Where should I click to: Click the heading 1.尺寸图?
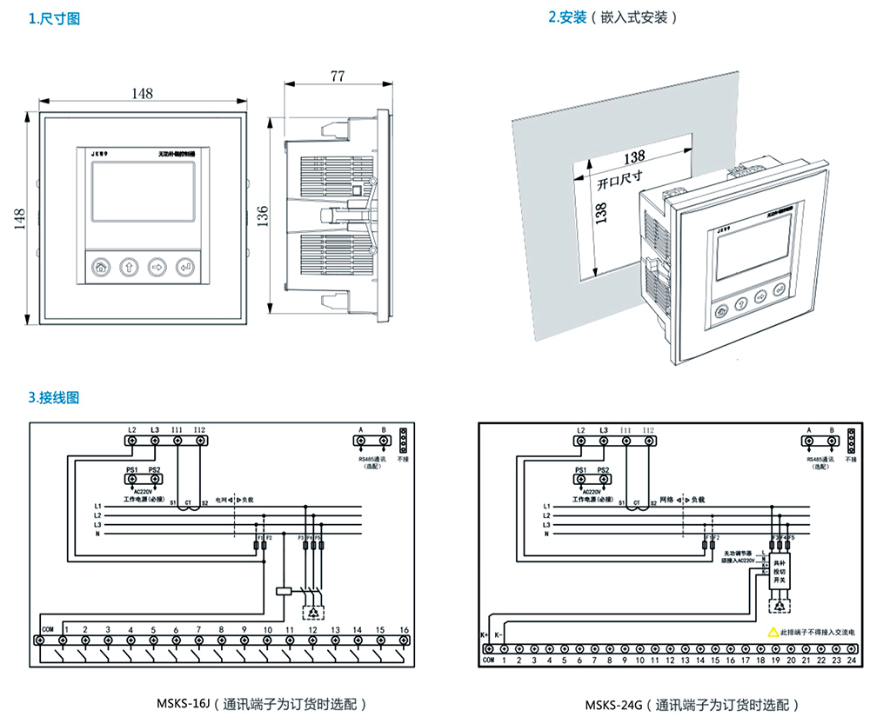coord(54,18)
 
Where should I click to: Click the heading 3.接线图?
coord(54,397)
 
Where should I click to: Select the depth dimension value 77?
coord(338,76)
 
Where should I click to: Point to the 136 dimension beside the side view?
coord(262,214)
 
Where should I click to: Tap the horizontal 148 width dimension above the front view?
coord(138,92)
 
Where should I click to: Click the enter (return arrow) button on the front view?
coord(186,267)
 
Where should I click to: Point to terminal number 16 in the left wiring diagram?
coord(403,629)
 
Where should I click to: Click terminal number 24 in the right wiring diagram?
coord(851,661)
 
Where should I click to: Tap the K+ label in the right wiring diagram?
coord(485,635)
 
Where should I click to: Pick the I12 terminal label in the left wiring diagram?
coord(200,429)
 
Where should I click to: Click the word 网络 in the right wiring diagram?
coord(667,501)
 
